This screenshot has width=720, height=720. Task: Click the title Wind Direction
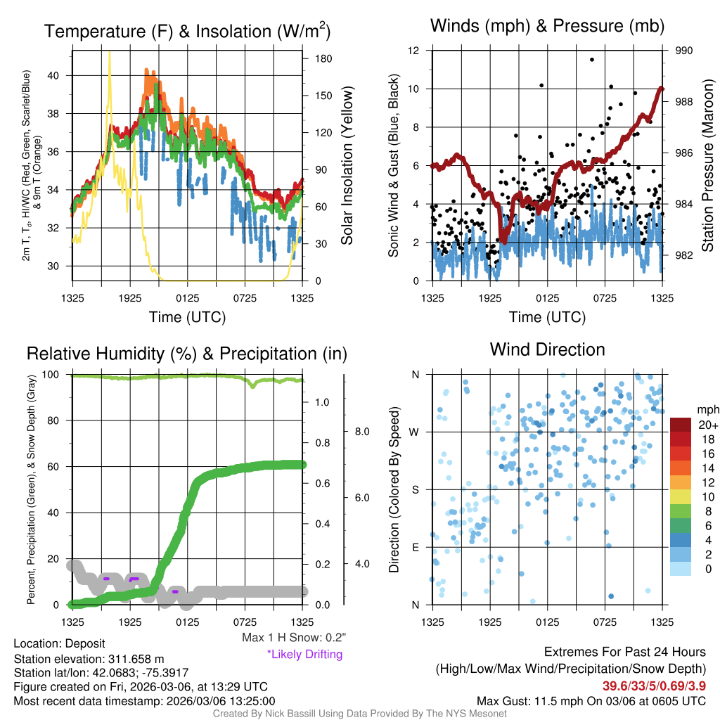tap(547, 349)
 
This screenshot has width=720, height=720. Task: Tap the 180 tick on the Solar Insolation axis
tap(324, 58)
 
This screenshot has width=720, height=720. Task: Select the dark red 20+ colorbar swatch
tap(681, 425)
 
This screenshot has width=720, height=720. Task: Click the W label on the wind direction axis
tap(416, 432)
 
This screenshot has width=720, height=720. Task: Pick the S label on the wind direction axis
tap(416, 489)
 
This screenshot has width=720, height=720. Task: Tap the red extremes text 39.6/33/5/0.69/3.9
tap(654, 686)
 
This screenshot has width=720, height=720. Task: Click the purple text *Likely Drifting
tap(304, 654)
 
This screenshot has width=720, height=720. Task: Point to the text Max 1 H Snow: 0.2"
tap(293, 638)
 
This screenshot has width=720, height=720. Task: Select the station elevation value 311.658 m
tap(136, 659)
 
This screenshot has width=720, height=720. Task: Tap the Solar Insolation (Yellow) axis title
tap(347, 165)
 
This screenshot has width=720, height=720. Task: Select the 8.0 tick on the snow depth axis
tap(361, 431)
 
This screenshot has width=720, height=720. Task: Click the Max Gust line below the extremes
tap(591, 701)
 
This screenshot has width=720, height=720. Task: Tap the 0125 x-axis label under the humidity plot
tap(188, 622)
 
